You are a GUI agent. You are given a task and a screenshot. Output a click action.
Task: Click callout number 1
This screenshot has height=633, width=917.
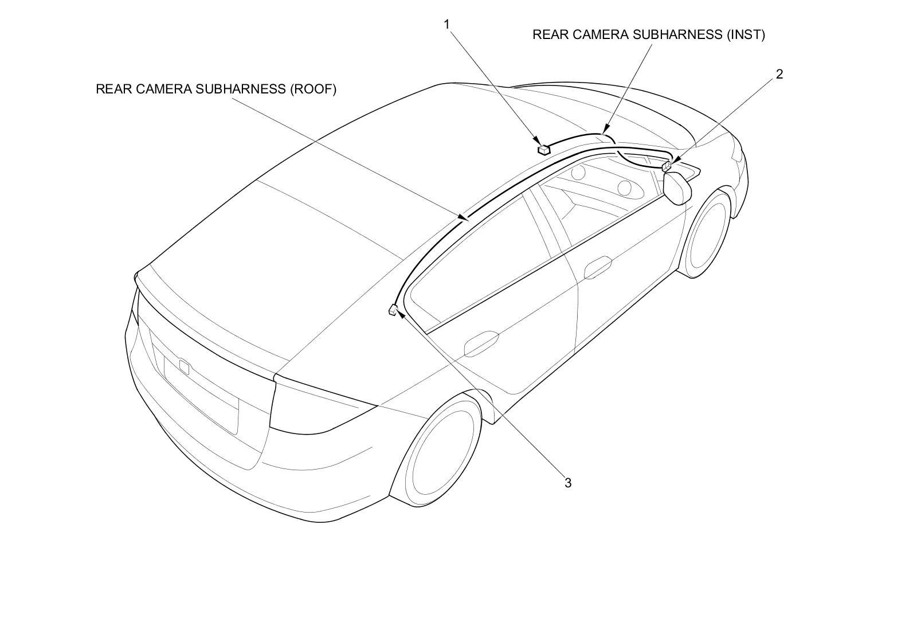click(446, 24)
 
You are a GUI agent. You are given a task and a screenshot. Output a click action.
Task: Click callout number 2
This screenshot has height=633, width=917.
click(779, 74)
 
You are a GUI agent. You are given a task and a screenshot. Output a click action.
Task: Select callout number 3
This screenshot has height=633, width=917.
click(567, 483)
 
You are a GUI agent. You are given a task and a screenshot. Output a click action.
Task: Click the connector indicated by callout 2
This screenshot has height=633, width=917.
click(667, 166)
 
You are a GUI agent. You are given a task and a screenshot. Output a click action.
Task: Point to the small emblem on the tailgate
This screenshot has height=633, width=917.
click(184, 366)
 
